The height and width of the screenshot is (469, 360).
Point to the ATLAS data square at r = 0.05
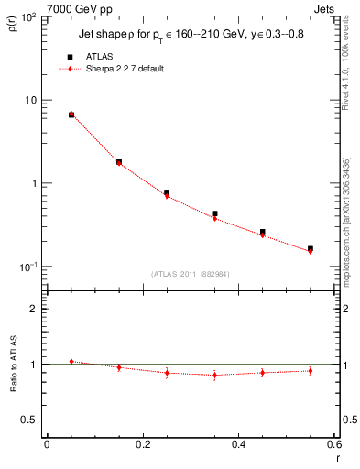(71, 115)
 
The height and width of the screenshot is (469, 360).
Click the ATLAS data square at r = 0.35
(214, 213)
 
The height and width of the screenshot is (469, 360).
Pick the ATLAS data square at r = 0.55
(310, 248)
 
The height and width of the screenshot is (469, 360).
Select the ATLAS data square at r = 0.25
(167, 193)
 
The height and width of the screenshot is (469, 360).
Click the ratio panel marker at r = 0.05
(71, 362)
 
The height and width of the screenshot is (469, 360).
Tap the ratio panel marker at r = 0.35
(214, 375)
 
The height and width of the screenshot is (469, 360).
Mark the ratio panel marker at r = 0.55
(310, 371)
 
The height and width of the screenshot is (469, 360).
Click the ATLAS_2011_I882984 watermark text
(191, 274)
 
